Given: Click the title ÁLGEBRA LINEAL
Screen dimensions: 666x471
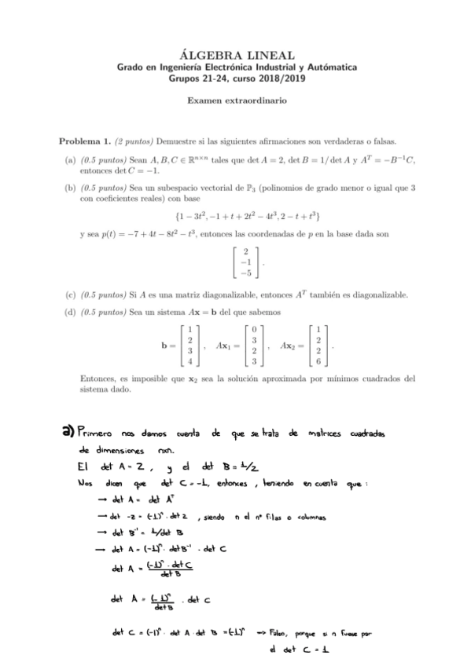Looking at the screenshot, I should point(236,55).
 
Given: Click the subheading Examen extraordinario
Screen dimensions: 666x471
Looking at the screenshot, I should point(236,101).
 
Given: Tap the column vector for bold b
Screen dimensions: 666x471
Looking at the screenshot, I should point(190,346).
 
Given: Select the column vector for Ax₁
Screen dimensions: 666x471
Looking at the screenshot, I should point(254,346).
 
